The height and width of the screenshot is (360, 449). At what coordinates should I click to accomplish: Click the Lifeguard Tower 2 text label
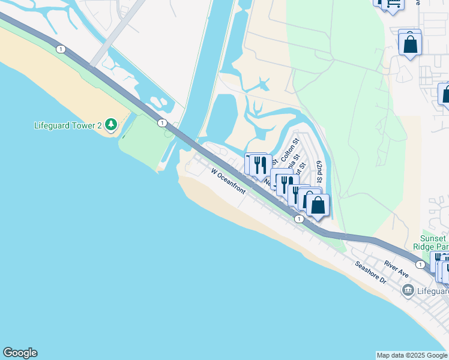tap(67, 125)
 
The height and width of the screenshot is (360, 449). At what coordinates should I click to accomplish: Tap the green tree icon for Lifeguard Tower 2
tap(110, 124)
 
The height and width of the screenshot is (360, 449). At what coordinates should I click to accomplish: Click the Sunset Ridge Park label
tap(431, 242)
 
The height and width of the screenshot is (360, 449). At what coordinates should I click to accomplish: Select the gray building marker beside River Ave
tap(408, 291)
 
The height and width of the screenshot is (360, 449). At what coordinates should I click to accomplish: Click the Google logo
tap(20, 353)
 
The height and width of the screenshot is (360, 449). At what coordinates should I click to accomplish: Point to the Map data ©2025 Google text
tap(412, 355)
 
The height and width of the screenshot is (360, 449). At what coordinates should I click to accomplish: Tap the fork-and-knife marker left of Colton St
tap(260, 164)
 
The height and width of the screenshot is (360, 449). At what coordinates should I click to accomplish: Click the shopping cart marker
tap(393, 3)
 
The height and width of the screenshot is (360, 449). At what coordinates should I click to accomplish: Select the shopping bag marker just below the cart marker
tap(410, 44)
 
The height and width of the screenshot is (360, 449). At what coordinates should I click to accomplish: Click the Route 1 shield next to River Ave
tap(420, 264)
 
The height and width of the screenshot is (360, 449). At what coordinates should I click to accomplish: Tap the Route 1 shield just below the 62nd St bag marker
tap(298, 219)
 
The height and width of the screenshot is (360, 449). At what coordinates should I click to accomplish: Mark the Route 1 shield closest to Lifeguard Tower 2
tap(162, 123)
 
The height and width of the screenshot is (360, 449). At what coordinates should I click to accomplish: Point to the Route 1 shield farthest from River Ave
tap(61, 49)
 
